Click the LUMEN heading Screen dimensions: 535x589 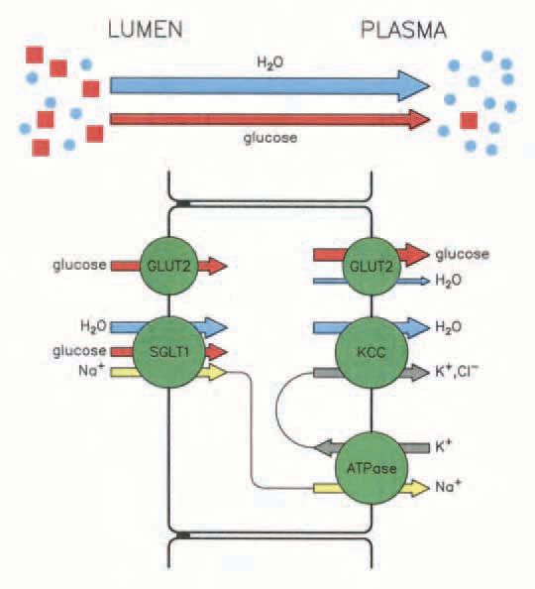146,30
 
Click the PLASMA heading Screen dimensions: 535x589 403,30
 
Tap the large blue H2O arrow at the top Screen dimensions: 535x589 269,86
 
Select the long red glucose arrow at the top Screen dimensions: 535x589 269,119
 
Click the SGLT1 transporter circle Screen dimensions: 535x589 169,352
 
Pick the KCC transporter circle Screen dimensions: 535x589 372,352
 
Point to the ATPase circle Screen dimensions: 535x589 372,468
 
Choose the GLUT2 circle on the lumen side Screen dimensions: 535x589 169,266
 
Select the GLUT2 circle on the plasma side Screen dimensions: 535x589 372,266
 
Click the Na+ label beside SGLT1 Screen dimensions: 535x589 91,371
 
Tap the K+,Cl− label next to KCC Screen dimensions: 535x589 457,372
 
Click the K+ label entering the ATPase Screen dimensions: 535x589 443,446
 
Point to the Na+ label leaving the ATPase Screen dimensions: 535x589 448,487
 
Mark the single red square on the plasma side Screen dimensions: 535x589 469,120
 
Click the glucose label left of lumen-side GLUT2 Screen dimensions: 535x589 79,265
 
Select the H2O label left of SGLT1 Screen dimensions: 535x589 93,326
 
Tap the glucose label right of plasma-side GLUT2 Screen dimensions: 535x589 462,255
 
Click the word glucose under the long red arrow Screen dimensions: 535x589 270,138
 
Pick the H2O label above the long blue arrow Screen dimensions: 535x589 270,62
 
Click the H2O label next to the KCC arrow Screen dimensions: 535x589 448,327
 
